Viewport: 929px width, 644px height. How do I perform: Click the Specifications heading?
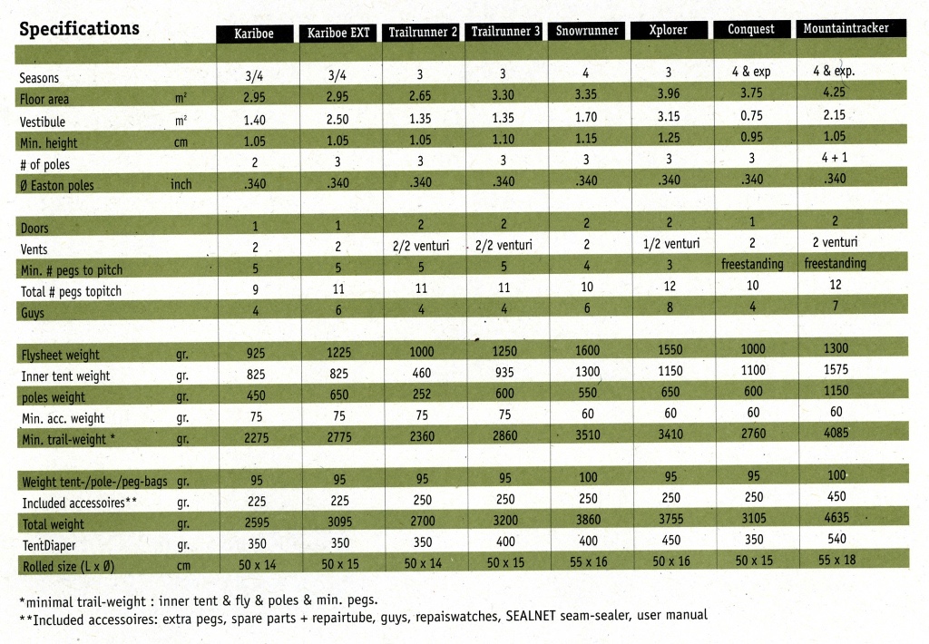(79, 28)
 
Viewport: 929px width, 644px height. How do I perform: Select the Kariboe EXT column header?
(338, 33)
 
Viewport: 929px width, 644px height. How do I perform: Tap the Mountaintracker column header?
(846, 28)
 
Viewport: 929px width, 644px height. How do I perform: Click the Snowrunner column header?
(587, 30)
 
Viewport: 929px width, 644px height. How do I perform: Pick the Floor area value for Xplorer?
(669, 93)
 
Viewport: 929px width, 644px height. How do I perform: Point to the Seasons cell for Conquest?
(751, 72)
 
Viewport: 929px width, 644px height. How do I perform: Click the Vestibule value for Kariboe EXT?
(337, 119)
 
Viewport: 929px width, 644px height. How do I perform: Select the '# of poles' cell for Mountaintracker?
(835, 158)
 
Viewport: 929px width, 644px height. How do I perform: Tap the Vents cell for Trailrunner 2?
(421, 245)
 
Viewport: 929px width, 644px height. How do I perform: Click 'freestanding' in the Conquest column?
(752, 264)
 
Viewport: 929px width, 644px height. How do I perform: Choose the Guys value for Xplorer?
(670, 307)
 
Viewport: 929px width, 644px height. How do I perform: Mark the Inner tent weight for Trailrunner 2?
(421, 373)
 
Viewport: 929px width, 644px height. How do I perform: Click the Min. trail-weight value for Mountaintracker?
(836, 433)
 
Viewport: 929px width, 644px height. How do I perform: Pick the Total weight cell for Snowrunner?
(588, 520)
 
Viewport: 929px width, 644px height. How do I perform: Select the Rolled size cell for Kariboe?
(257, 564)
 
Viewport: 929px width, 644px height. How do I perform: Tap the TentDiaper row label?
(49, 545)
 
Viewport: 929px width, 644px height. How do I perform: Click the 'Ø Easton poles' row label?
(56, 185)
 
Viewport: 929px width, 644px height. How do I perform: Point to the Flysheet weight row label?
(61, 355)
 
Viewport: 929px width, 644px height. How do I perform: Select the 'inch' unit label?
(181, 184)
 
